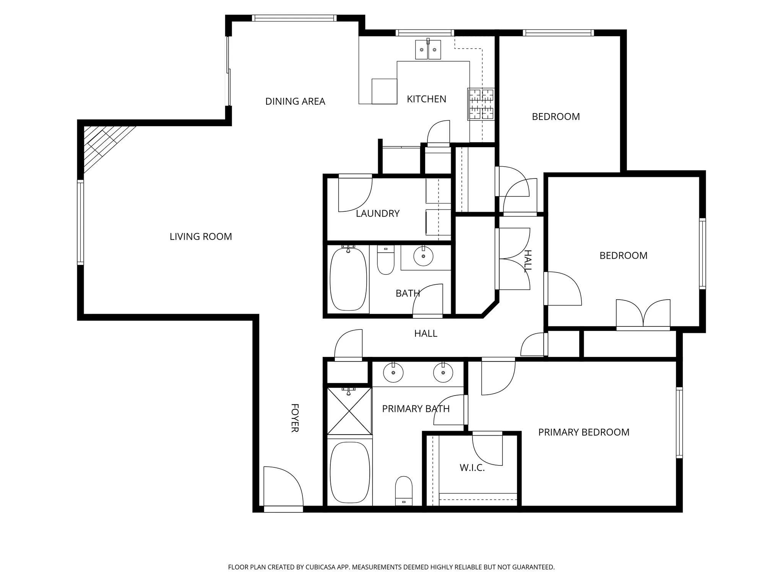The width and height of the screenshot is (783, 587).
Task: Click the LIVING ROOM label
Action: [x=201, y=237]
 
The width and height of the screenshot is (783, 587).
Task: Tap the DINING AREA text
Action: [x=295, y=101]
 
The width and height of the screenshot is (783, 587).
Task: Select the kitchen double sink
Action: [x=428, y=50]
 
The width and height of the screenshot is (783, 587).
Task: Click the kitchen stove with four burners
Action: [x=481, y=104]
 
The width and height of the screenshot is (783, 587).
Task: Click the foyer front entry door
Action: [x=283, y=489]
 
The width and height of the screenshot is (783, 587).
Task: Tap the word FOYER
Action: [x=294, y=418]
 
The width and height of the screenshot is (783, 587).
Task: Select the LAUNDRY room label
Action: [x=377, y=214]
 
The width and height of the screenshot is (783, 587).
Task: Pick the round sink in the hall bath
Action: [x=423, y=256]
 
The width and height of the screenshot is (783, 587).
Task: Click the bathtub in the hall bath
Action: [x=348, y=279]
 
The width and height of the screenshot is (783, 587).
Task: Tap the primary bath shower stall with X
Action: [x=349, y=411]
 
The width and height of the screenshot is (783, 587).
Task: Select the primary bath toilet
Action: [x=404, y=491]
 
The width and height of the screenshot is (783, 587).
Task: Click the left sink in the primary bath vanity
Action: [x=393, y=373]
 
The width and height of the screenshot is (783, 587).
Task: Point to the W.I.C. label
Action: [x=472, y=468]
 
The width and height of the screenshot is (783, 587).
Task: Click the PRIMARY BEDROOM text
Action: [x=583, y=432]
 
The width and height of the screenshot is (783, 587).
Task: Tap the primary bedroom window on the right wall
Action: [x=679, y=422]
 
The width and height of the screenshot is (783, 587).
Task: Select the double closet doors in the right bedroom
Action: [x=643, y=315]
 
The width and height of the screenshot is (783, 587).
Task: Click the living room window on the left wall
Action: [x=80, y=222]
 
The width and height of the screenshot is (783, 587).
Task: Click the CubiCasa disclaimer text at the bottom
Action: [x=391, y=567]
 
